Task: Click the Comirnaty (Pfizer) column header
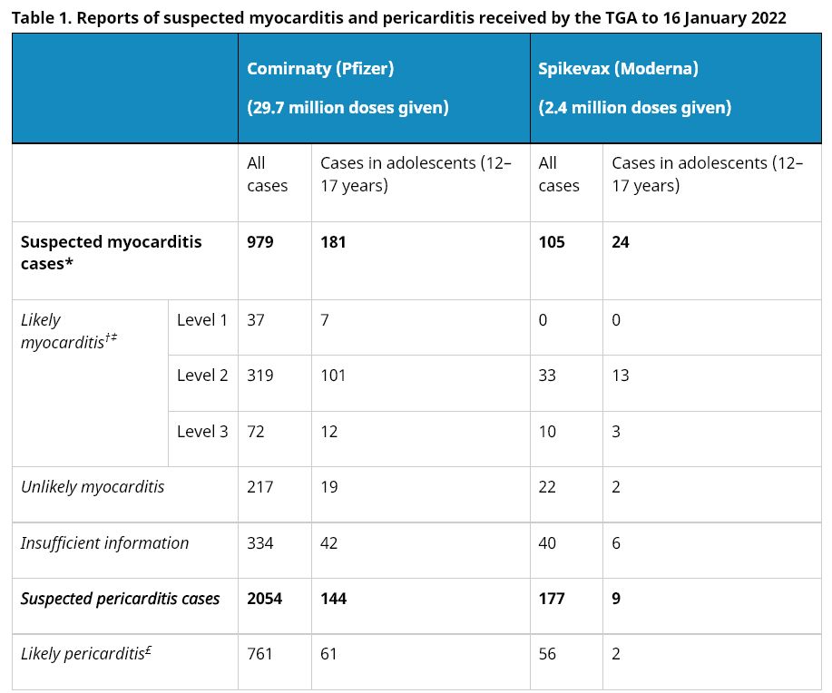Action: pos(320,69)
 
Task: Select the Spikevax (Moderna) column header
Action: pos(618,69)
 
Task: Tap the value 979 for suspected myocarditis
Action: pos(260,242)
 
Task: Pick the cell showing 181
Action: pos(333,242)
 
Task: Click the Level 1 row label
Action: pos(202,320)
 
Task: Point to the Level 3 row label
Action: pos(202,432)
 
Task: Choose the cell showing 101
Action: pos(333,376)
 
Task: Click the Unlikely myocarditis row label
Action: pos(93,487)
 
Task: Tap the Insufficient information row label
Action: pos(105,543)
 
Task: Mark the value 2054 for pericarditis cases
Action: pos(265,599)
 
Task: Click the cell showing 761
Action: pos(260,654)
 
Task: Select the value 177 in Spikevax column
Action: pos(552,599)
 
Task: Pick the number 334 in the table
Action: pos(260,543)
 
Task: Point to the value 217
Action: pos(260,487)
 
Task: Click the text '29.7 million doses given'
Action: pos(348,108)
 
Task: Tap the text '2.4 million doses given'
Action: pos(635,108)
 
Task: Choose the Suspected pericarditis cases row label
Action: pos(120,599)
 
